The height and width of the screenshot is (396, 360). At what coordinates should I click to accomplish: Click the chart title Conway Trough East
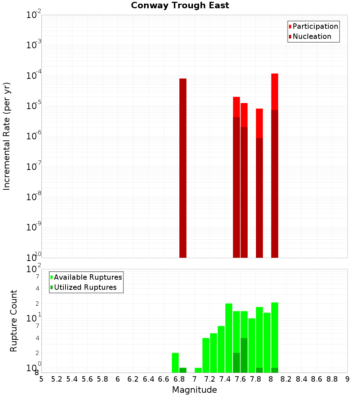click(180, 5)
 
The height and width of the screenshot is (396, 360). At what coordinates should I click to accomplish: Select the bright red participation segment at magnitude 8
click(275, 91)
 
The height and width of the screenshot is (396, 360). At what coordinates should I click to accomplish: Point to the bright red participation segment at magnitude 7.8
click(260, 123)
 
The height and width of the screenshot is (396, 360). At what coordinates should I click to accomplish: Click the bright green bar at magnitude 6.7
click(175, 363)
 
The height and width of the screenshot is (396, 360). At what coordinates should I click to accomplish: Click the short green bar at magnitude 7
click(198, 370)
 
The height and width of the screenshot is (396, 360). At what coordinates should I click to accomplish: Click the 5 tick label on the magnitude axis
click(41, 379)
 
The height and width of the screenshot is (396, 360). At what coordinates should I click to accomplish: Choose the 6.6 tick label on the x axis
click(164, 379)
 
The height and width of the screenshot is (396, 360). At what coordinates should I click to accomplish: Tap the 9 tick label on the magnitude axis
click(347, 379)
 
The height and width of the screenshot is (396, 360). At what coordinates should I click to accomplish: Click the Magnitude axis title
click(194, 390)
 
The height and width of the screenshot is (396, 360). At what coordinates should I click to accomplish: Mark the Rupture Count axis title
click(14, 320)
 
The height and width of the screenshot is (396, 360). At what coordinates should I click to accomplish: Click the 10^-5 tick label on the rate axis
click(34, 106)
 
